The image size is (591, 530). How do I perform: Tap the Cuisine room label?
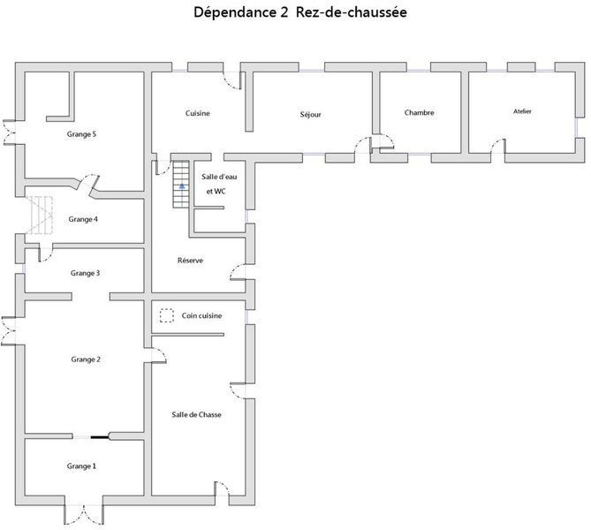coord(197,114)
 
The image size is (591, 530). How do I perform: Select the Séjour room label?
coord(310,114)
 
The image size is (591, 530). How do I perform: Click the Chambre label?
coord(419,113)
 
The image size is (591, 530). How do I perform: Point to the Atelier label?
coord(522,111)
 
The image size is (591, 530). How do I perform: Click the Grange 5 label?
coord(81,134)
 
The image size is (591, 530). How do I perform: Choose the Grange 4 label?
coord(83,219)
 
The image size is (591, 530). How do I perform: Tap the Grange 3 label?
coord(85,274)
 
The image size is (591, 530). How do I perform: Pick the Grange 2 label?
coord(86,359)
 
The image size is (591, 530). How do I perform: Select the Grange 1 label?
coord(81,466)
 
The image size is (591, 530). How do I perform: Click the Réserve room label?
coord(191,261)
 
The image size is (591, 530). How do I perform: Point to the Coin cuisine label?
coord(201,315)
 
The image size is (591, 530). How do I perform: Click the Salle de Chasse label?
coord(196,414)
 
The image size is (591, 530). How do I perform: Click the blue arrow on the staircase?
coord(182,187)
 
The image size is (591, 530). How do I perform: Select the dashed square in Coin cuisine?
coord(166,314)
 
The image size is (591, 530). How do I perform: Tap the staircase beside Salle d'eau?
coord(181,183)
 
